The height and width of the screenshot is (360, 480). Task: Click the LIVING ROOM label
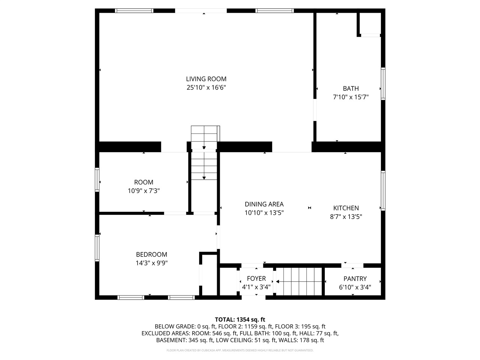coord(206,79)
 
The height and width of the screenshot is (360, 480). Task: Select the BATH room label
coord(351,88)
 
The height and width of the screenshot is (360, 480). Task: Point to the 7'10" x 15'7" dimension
coord(351,97)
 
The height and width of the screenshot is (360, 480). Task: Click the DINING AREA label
coord(264,204)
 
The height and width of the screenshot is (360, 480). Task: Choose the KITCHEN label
coord(346,208)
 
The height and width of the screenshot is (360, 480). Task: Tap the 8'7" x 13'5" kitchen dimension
coord(346,216)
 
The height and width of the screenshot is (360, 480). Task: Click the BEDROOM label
coord(151,254)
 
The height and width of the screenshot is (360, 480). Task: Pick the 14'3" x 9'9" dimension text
coord(151,263)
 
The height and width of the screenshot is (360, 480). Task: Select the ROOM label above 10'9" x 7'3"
coord(144,182)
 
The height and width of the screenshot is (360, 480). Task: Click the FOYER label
coord(256,279)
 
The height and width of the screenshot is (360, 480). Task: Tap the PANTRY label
coord(355,279)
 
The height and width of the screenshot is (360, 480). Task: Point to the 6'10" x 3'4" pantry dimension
coord(355,287)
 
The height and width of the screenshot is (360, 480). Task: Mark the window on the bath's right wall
coord(383,83)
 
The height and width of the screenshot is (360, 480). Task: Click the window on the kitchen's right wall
coord(383,190)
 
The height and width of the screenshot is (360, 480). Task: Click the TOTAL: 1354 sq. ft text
coord(240,319)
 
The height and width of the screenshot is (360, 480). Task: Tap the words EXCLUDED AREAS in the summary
coord(165,333)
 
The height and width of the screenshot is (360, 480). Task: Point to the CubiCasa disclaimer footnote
coord(240,350)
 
